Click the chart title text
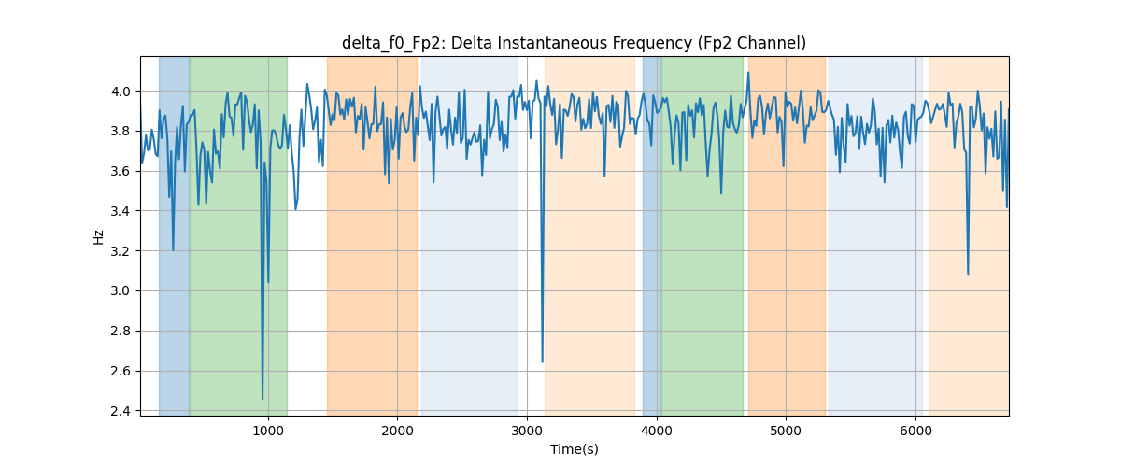point(574,43)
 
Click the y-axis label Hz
point(99,236)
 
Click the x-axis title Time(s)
point(574,449)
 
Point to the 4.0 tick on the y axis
point(121,92)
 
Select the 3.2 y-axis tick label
point(121,250)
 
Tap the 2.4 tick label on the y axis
point(121,411)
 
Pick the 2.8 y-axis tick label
point(121,331)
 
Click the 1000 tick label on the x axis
point(268,431)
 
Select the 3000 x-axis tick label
point(527,431)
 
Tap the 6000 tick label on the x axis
point(915,431)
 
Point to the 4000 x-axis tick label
point(657,431)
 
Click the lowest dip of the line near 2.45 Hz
point(263,399)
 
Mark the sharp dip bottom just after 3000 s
point(542,361)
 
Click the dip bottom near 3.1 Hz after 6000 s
point(968,274)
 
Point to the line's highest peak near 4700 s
point(748,73)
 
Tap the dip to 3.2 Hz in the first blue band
point(173,249)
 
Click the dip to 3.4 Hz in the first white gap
point(296,209)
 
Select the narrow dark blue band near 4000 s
point(652,236)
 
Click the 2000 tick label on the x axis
point(397,431)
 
